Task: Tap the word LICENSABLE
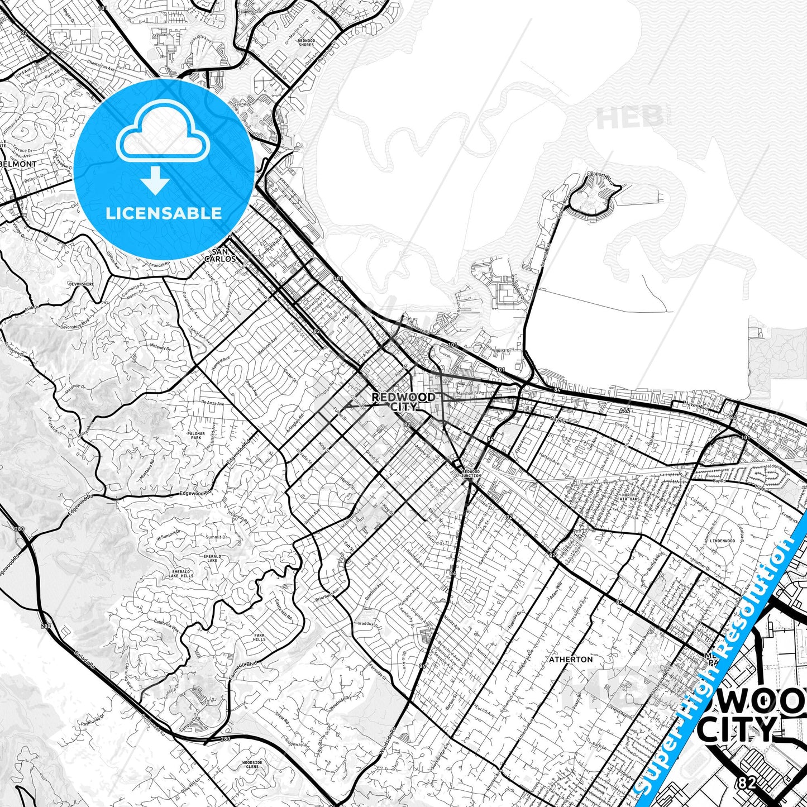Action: point(163,213)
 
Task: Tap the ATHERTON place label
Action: point(571,659)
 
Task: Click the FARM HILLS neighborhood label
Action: point(259,638)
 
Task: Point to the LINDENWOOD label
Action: point(723,541)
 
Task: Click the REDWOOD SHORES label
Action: point(306,42)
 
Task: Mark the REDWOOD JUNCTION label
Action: point(471,474)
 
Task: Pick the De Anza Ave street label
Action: point(212,403)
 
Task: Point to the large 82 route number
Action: point(746,783)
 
